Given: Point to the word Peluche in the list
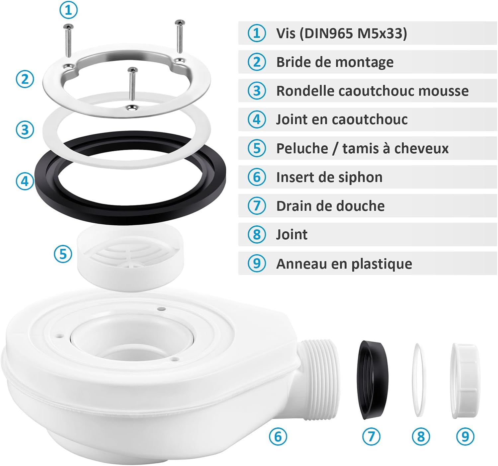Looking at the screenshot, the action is [x=302, y=148].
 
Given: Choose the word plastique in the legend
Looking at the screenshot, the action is [x=382, y=264].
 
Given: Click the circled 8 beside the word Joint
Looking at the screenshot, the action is [x=257, y=235].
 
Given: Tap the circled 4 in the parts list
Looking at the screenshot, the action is [x=257, y=119].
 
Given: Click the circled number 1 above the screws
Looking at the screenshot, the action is [x=68, y=10].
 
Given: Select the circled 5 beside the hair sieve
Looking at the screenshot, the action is [x=63, y=254].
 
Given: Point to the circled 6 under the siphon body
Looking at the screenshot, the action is [x=278, y=436].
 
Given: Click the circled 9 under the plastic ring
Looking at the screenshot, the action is [x=465, y=436].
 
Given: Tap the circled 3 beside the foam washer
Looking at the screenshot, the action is [x=25, y=130].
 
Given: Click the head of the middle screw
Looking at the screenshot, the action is [x=132, y=69].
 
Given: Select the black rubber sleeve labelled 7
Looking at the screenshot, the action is [x=373, y=380].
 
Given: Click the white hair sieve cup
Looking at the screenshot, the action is [x=130, y=258].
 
